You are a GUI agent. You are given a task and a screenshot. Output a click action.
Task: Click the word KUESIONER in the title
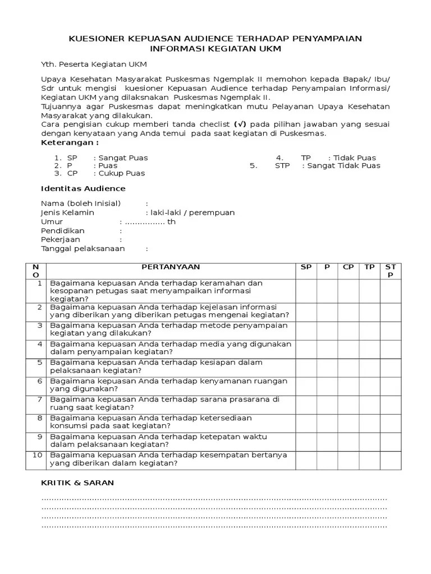coord(96,38)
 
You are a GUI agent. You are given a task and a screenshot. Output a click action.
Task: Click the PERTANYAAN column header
coord(171,267)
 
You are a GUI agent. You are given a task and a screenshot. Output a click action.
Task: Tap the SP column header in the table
coord(306,267)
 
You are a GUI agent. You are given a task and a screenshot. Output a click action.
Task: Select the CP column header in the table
coord(349,267)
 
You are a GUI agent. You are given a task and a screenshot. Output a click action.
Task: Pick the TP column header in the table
coord(369,267)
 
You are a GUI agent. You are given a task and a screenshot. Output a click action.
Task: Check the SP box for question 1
coord(306,290)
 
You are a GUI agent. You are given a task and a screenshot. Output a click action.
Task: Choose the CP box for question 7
coord(349,404)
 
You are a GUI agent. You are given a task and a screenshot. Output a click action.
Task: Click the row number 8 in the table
coord(39,418)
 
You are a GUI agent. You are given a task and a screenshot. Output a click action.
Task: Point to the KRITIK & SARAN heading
coord(78,483)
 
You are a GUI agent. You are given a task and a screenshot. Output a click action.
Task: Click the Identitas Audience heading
coord(84,188)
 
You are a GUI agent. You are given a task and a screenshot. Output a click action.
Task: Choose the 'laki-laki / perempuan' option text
coord(190,213)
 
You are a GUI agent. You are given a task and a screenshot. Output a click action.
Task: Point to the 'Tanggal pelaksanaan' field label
coord(83,248)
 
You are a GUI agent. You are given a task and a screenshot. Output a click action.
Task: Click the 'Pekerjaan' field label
coord(61,239)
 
